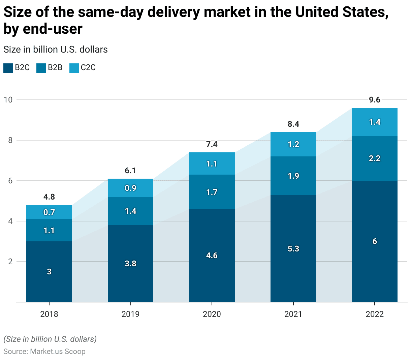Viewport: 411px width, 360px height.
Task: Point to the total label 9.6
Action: (x=375, y=100)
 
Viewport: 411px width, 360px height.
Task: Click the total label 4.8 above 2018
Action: (x=49, y=197)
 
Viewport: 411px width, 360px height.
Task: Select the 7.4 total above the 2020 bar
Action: (x=212, y=144)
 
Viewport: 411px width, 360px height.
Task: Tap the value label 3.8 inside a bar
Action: (x=130, y=264)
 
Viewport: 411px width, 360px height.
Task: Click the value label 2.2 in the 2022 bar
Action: (x=375, y=158)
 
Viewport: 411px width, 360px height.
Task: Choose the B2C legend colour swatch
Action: (x=8, y=68)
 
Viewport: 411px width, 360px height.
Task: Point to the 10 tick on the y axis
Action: (x=8, y=100)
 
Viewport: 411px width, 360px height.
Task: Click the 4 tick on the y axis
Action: (x=10, y=221)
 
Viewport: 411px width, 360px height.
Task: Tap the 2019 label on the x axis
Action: (x=130, y=314)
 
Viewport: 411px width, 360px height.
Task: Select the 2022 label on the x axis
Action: (x=375, y=314)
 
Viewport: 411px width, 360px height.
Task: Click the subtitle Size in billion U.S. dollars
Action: (x=56, y=50)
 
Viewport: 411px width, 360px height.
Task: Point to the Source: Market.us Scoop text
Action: (x=44, y=352)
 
